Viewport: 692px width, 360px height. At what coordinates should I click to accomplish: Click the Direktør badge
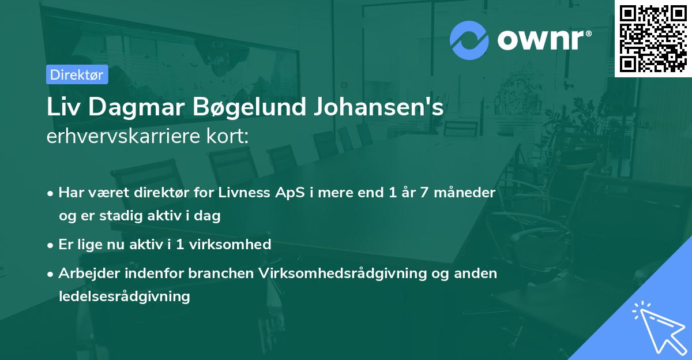click(77, 74)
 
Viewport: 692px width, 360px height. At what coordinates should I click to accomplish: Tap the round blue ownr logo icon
click(469, 40)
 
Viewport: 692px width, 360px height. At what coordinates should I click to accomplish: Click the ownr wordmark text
click(543, 40)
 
